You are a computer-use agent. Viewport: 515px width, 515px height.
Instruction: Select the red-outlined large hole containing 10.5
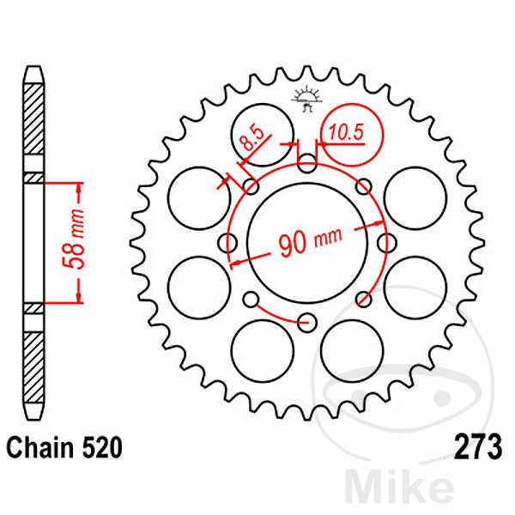351,136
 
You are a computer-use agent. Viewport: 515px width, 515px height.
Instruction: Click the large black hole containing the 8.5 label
263,136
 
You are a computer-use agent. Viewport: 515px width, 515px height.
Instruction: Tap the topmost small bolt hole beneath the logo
306,161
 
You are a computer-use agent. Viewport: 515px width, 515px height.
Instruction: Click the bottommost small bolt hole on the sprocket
306,323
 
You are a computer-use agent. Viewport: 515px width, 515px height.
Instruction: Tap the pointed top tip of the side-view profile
32,69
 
